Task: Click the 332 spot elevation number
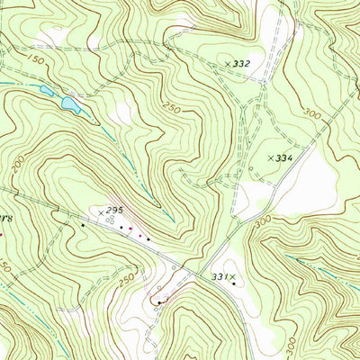coord(241,64)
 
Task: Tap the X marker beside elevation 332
coord(226,64)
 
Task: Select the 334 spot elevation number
coord(284,157)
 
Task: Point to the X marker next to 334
coord(270,157)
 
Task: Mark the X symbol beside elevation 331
coord(231,276)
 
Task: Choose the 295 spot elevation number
coord(112,209)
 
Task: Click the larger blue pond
coord(69,103)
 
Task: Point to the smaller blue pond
coord(45,89)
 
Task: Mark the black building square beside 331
coord(234,284)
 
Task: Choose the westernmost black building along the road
coord(83,225)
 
